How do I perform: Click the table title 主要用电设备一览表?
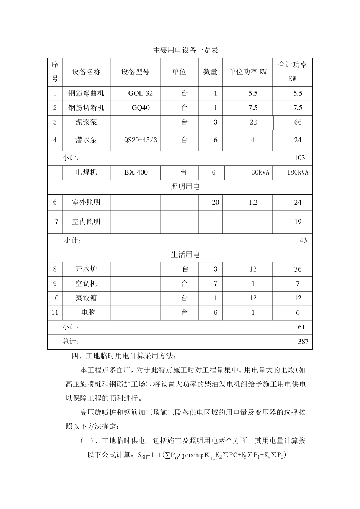point(185,50)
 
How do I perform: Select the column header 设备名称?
point(86,72)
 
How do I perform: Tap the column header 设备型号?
point(135,72)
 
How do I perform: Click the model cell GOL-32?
point(141,94)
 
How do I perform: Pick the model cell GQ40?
point(141,108)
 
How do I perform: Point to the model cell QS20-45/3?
point(141,140)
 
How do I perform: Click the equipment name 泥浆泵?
point(86,122)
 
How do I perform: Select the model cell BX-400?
point(136,172)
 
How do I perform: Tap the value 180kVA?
point(298,173)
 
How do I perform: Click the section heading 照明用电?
point(185,187)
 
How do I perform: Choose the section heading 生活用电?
point(185,255)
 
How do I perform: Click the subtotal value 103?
point(299,158)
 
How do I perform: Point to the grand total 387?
point(303,342)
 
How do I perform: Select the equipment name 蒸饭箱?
point(86,298)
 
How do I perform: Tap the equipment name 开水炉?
point(86,269)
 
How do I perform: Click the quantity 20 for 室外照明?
point(215,202)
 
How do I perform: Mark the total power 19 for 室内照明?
point(298,222)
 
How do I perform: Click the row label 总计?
point(71,342)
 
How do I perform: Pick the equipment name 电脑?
point(88,312)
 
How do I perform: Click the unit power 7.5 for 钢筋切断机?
point(253,108)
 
